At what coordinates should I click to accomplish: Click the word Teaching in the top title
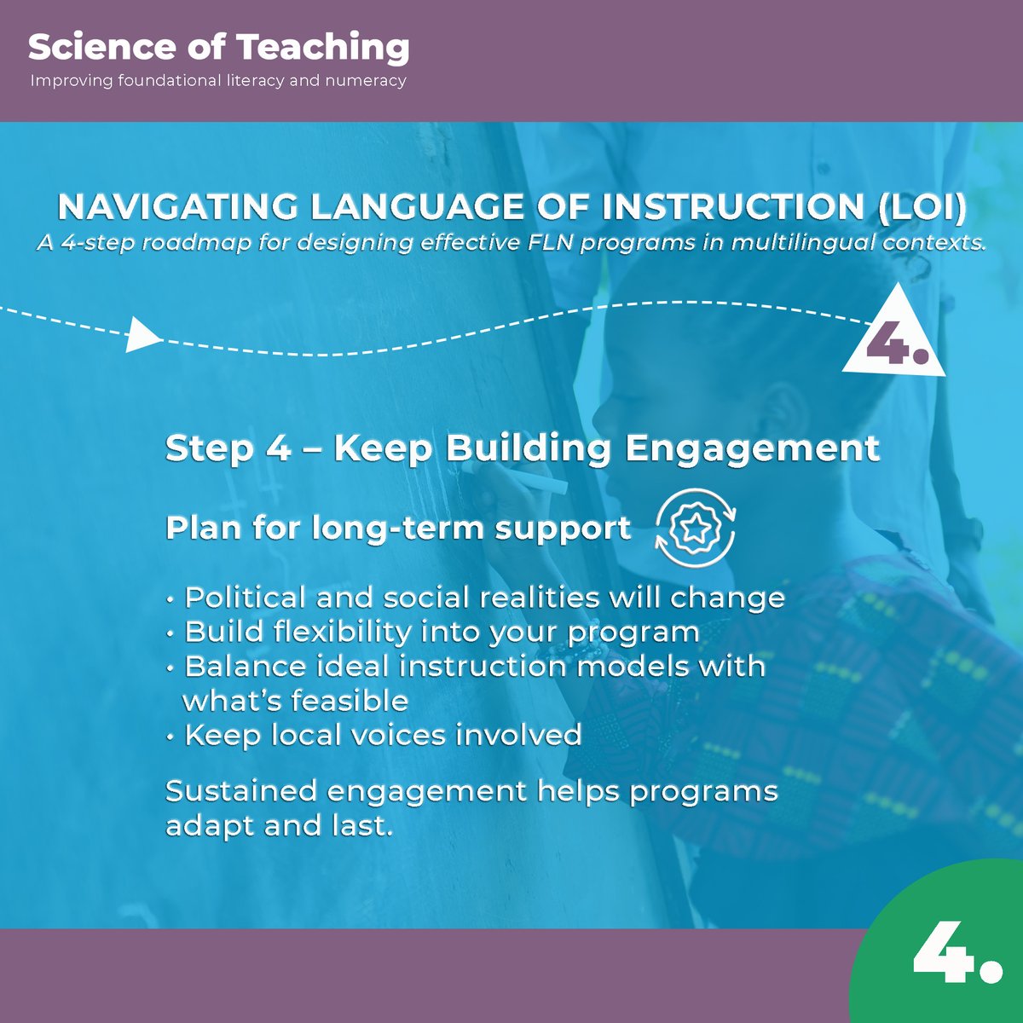click(x=324, y=49)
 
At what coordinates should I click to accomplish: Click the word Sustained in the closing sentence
click(x=241, y=791)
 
